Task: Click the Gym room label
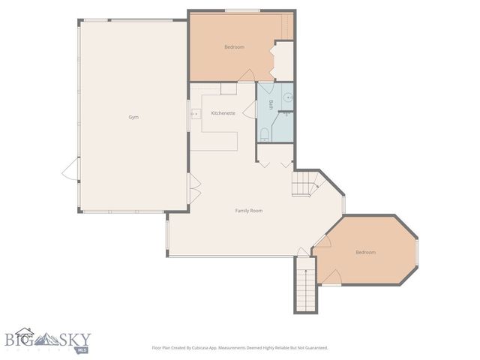pyautogui.click(x=133, y=117)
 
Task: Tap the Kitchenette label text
pyautogui.click(x=223, y=113)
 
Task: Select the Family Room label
pyautogui.click(x=249, y=211)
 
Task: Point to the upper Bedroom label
pyautogui.click(x=234, y=47)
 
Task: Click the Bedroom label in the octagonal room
pyautogui.click(x=365, y=252)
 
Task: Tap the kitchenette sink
pyautogui.click(x=196, y=114)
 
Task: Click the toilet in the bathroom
pyautogui.click(x=264, y=135)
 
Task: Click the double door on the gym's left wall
pyautogui.click(x=69, y=169)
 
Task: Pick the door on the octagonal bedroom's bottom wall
pyautogui.click(x=331, y=278)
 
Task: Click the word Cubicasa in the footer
pyautogui.click(x=214, y=348)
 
